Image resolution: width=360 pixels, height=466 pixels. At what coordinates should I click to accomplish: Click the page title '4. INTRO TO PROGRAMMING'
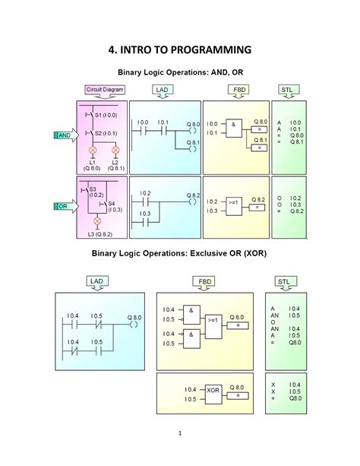pyautogui.click(x=179, y=50)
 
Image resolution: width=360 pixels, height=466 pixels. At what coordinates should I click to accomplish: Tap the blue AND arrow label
pyautogui.click(x=63, y=135)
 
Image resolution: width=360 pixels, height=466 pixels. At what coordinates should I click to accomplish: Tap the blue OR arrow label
pyautogui.click(x=63, y=206)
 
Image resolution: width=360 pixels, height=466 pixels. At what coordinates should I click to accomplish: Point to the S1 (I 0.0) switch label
pyautogui.click(x=105, y=114)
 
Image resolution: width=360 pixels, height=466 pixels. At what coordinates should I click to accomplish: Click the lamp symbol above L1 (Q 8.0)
pyautogui.click(x=93, y=151)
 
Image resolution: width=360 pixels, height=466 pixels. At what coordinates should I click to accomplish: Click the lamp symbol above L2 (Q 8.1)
pyautogui.click(x=115, y=151)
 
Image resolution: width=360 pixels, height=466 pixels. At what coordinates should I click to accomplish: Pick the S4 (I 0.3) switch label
pyautogui.click(x=112, y=206)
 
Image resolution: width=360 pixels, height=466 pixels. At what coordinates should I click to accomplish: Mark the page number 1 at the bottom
pyautogui.click(x=180, y=434)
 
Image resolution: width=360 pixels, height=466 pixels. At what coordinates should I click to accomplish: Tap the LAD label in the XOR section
pyautogui.click(x=96, y=282)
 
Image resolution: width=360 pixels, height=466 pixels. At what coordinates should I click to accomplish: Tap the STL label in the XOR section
pyautogui.click(x=283, y=282)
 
